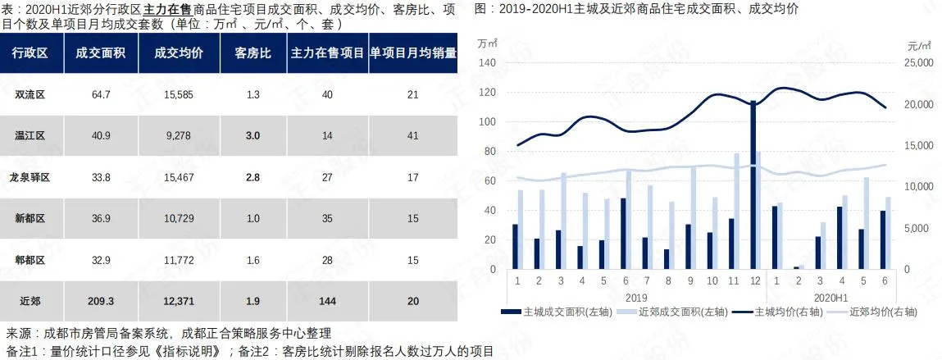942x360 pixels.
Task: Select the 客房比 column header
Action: [x=253, y=53]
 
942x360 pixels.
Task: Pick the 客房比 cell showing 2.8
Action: [x=253, y=177]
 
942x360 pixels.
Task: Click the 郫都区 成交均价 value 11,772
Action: [x=178, y=259]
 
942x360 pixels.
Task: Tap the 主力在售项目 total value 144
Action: [x=327, y=301]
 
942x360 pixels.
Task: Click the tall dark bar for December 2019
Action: [x=753, y=185]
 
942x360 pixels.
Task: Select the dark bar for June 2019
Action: [x=623, y=234]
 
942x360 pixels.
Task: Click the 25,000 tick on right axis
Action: [x=917, y=63]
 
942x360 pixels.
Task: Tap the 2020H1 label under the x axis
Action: [x=828, y=296]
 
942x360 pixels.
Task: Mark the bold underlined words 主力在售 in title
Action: [x=168, y=9]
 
